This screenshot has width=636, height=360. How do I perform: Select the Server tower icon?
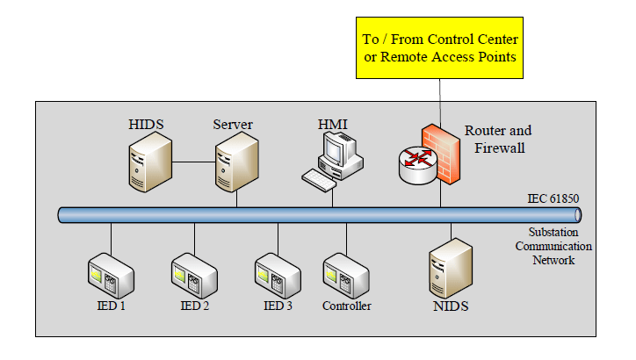(x=236, y=164)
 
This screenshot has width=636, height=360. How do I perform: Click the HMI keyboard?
(x=320, y=178)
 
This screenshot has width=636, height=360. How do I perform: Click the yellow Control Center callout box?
(x=440, y=48)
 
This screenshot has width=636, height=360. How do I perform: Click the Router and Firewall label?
(x=498, y=140)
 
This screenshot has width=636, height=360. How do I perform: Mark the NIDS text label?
(x=451, y=306)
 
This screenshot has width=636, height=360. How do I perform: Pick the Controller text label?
(x=346, y=306)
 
